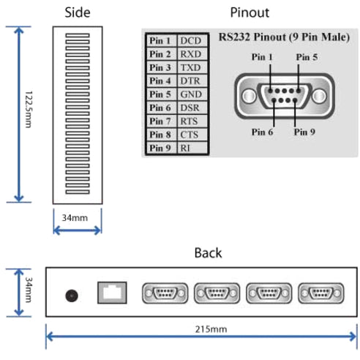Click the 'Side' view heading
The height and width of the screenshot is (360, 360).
pyautogui.click(x=78, y=12)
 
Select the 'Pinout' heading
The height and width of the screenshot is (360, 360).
pyautogui.click(x=250, y=12)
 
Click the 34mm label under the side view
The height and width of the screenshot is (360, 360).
pyautogui.click(x=77, y=217)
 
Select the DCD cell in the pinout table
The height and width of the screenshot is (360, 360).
pyautogui.click(x=191, y=41)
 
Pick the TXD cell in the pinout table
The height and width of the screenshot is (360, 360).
pyautogui.click(x=191, y=67)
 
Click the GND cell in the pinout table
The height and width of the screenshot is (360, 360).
pyautogui.click(x=191, y=94)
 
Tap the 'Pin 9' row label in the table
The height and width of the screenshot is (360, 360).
pyautogui.click(x=160, y=148)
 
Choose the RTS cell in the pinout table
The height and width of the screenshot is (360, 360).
pyautogui.click(x=191, y=121)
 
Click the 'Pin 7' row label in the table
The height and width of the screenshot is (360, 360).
pyautogui.click(x=160, y=121)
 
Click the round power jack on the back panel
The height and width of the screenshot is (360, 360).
pyautogui.click(x=72, y=295)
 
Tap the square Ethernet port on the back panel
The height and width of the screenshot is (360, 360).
pyautogui.click(x=111, y=293)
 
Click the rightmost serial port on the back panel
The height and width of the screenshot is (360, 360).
pyautogui.click(x=319, y=293)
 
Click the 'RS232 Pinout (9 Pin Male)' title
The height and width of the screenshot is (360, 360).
pyautogui.click(x=284, y=37)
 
